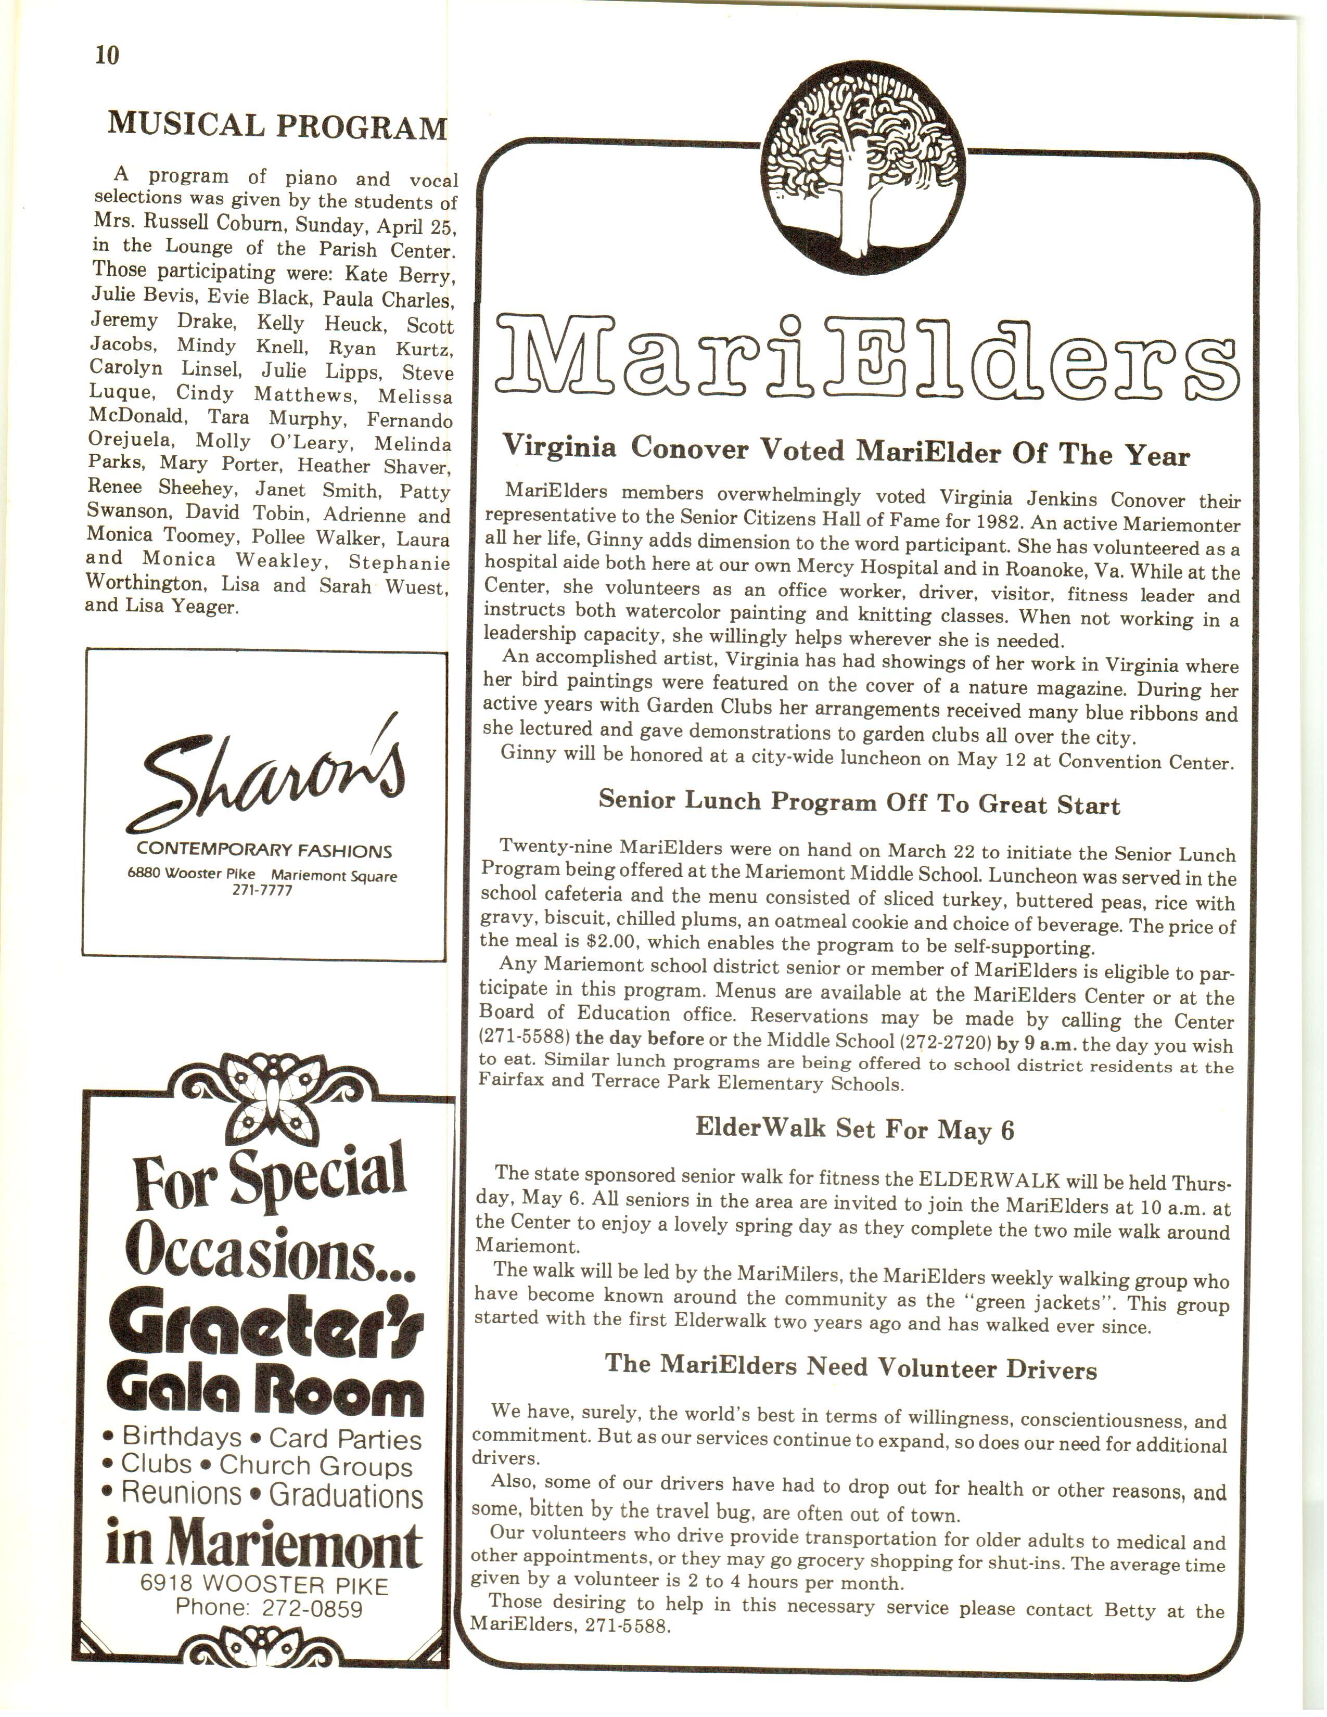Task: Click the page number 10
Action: click(107, 55)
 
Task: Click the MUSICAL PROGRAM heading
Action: click(277, 126)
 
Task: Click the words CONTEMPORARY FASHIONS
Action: click(264, 851)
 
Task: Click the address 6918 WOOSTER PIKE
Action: click(264, 1584)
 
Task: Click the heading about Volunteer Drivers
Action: click(851, 1367)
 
